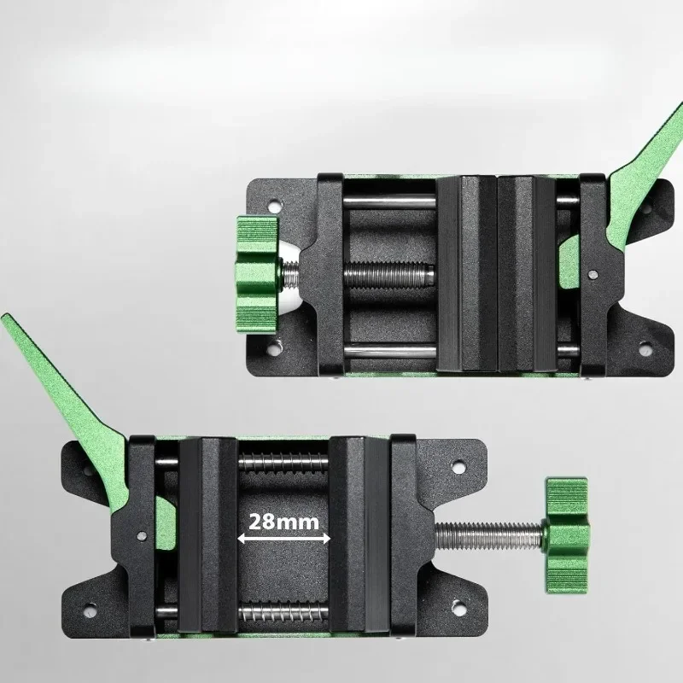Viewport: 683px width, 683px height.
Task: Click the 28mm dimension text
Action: (284, 520)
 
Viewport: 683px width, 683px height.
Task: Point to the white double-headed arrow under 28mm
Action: (284, 539)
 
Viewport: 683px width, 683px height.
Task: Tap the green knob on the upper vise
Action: (254, 273)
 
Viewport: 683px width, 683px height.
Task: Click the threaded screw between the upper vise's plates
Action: (388, 276)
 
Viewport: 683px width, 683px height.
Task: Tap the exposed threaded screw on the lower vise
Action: (487, 535)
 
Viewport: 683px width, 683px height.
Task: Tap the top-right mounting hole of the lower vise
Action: (458, 467)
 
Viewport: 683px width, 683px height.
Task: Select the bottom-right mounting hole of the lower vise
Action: (458, 609)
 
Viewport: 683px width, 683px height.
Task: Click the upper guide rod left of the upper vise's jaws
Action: (388, 202)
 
